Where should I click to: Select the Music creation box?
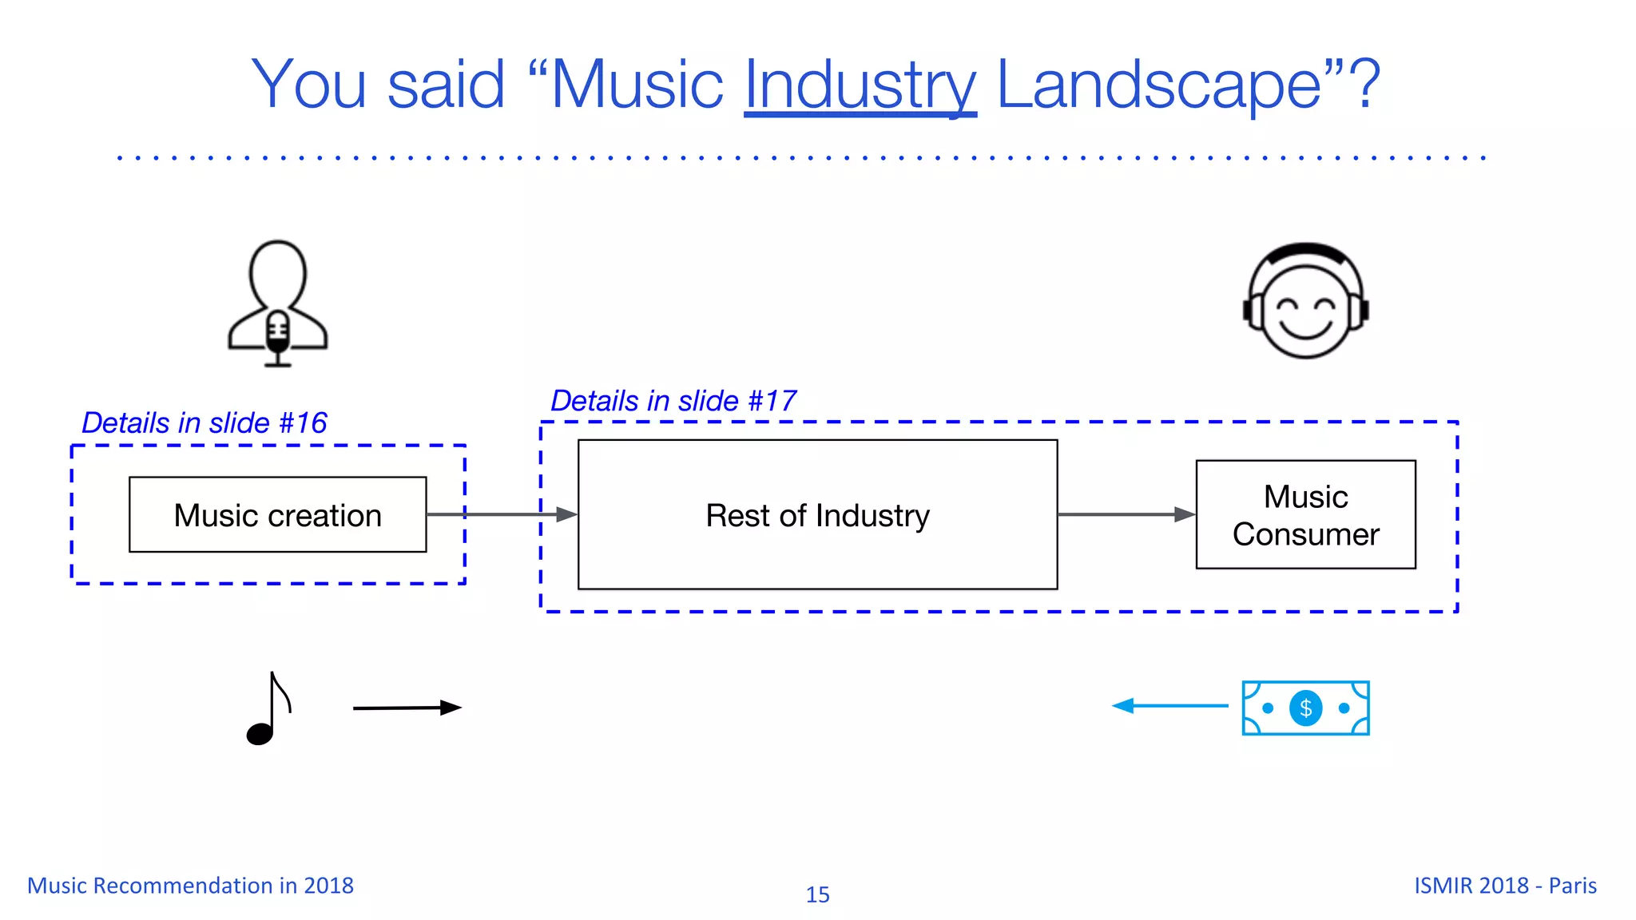pyautogui.click(x=277, y=515)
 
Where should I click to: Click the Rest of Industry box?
pyautogui.click(x=817, y=515)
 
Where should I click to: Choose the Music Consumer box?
pyautogui.click(x=1305, y=515)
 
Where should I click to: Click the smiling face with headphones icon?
pyautogui.click(x=1305, y=302)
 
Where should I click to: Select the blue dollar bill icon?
pyautogui.click(x=1305, y=708)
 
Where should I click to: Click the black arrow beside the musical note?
pyautogui.click(x=407, y=708)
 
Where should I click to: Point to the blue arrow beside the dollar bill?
pyautogui.click(x=1169, y=706)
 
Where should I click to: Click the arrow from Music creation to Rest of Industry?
pyautogui.click(x=502, y=515)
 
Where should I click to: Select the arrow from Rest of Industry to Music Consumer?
pyautogui.click(x=1126, y=515)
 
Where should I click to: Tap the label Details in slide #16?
pyautogui.click(x=204, y=423)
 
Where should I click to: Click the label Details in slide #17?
pyautogui.click(x=673, y=401)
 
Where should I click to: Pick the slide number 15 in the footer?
pyautogui.click(x=817, y=894)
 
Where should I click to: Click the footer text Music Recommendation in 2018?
pyautogui.click(x=190, y=886)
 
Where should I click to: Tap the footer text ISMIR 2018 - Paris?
pyautogui.click(x=1505, y=886)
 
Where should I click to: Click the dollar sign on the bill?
pyautogui.click(x=1305, y=708)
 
